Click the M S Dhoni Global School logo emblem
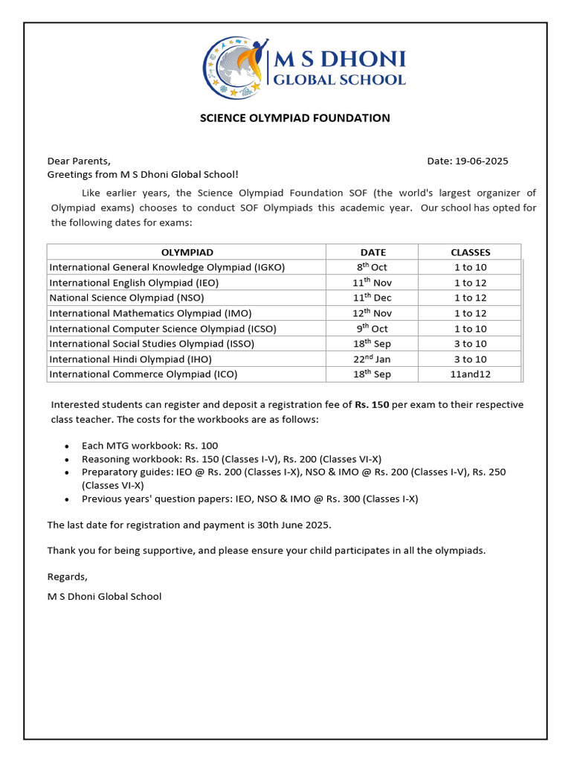(x=234, y=67)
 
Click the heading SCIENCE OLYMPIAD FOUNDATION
(x=294, y=118)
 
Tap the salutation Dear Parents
(x=79, y=161)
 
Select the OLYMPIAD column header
(x=187, y=252)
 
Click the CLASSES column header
(x=470, y=252)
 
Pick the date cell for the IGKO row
(x=372, y=267)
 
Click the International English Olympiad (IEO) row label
(x=134, y=283)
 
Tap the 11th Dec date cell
(x=372, y=298)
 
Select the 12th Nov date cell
(x=372, y=313)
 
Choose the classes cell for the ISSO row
(x=470, y=344)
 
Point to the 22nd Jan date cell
(x=372, y=359)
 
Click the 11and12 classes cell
(x=470, y=374)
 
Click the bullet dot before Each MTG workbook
(x=68, y=446)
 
